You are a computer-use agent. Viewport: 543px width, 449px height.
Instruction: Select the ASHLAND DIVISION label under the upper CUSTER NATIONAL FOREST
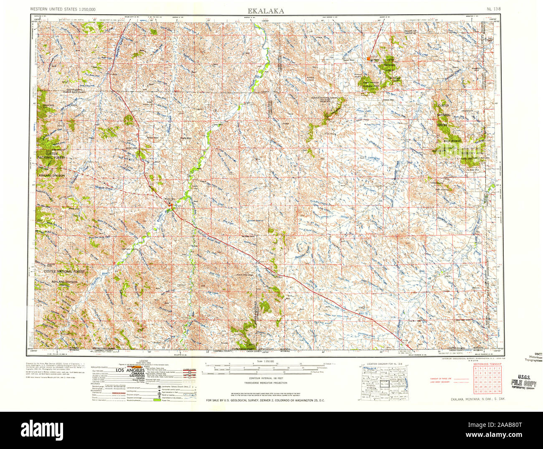[x=51, y=175]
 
